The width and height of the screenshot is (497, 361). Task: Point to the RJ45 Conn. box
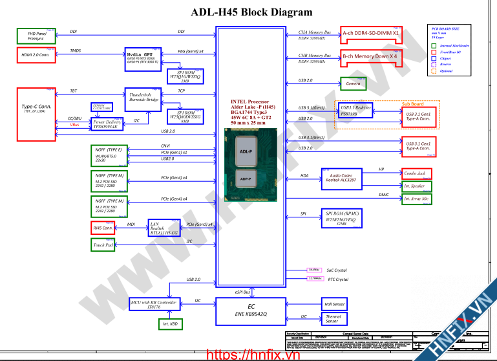tap(103, 228)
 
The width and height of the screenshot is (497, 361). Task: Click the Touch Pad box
tap(103, 245)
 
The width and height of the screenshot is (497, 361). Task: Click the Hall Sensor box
tap(335, 303)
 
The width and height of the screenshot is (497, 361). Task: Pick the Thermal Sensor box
tap(335, 318)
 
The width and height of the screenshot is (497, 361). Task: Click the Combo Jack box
tap(417, 173)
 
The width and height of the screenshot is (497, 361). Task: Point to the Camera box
tap(353, 83)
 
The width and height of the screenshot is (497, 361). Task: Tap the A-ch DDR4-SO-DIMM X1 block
tap(371, 33)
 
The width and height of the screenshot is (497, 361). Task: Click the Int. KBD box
tap(170, 323)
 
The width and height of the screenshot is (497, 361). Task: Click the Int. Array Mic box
tap(417, 199)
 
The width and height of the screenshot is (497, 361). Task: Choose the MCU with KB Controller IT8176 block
tap(153, 305)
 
